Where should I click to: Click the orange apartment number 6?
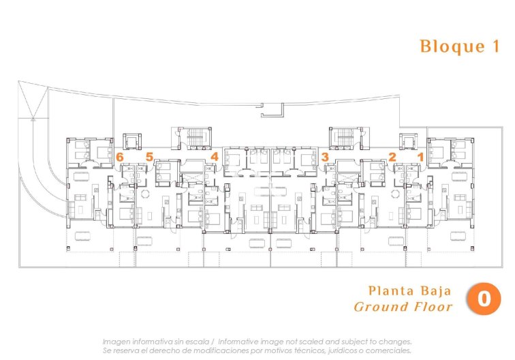tap(120, 157)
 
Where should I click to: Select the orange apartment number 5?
tap(149, 157)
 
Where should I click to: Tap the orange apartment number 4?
tap(214, 157)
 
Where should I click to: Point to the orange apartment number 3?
tap(325, 157)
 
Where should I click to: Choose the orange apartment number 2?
tap(392, 157)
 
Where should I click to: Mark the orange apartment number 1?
tap(421, 157)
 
